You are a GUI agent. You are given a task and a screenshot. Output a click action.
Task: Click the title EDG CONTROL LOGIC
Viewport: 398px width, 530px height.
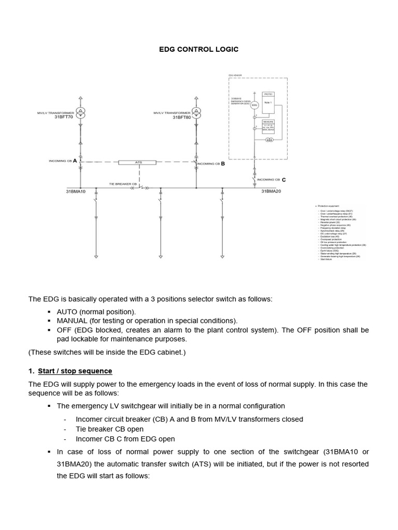tap(198, 49)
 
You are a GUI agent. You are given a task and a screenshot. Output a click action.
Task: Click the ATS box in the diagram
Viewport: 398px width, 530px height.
tap(138, 163)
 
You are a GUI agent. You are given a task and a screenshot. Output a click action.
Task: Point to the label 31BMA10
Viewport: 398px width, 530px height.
tap(76, 192)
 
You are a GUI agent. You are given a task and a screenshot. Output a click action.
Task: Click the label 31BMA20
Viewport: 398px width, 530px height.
tap(271, 192)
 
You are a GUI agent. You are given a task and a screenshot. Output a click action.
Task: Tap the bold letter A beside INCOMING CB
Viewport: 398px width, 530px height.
tap(75, 161)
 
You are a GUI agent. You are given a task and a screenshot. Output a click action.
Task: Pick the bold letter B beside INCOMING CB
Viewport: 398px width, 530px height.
tap(223, 164)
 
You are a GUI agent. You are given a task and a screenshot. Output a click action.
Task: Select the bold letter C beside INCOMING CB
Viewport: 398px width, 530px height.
tap(283, 180)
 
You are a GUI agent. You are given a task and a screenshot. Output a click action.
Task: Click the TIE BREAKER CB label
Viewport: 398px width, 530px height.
tap(123, 184)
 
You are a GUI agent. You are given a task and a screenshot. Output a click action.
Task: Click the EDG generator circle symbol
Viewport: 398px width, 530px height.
tap(254, 105)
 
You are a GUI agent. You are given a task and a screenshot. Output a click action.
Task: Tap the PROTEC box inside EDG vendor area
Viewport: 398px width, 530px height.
tap(268, 94)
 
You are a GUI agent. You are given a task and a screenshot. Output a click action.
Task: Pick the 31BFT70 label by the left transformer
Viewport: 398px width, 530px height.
tap(64, 117)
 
